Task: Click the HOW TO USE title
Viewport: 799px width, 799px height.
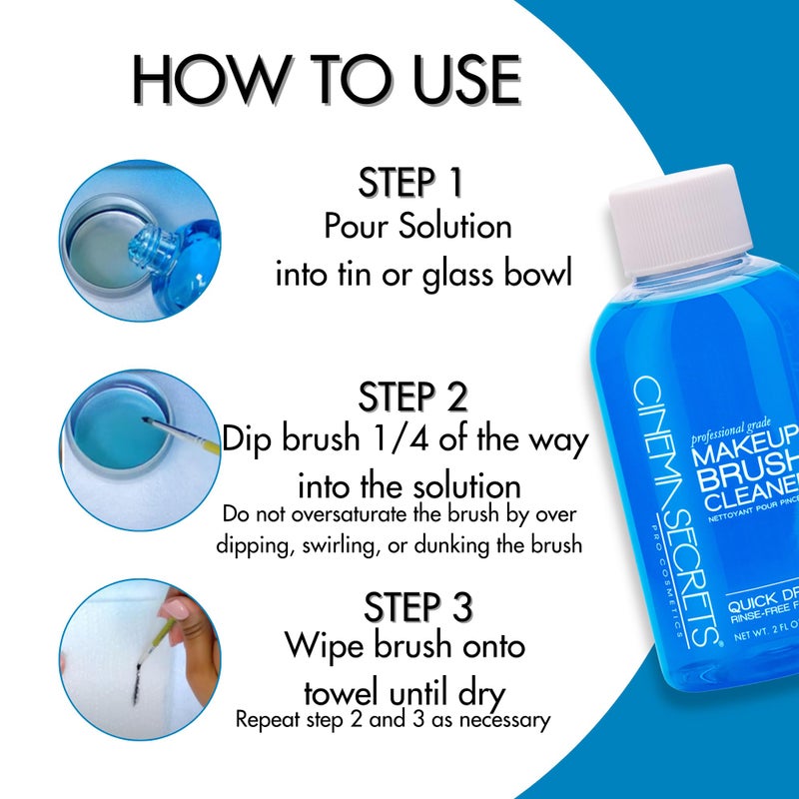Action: click(328, 81)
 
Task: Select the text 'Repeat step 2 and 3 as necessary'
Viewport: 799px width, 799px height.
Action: click(393, 718)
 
